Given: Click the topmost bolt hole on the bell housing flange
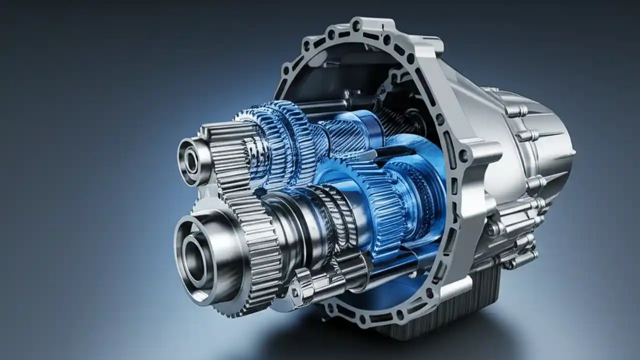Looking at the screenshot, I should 356,24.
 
